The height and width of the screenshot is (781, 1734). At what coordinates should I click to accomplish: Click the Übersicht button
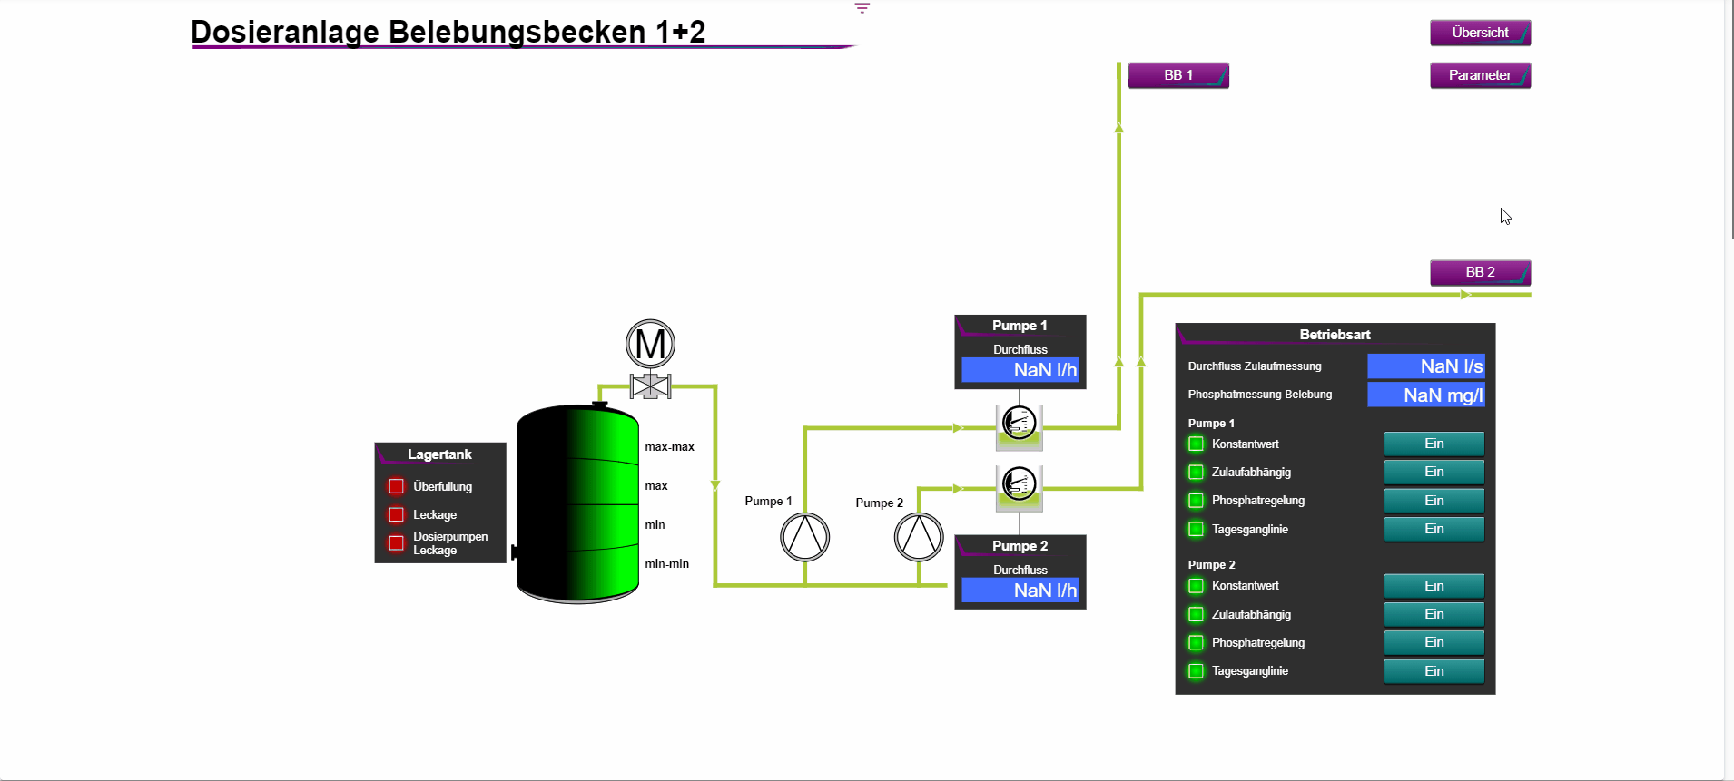tap(1480, 33)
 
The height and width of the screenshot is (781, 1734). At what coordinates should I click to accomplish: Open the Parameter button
tap(1480, 75)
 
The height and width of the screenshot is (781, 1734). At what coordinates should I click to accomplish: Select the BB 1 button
tap(1177, 75)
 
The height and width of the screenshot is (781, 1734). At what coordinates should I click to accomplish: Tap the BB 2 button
tap(1480, 272)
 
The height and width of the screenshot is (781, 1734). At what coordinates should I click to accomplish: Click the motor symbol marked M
tap(650, 344)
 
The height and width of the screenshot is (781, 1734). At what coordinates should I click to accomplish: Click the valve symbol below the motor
tap(650, 386)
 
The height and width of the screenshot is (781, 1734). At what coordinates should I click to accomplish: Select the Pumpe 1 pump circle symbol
tap(804, 537)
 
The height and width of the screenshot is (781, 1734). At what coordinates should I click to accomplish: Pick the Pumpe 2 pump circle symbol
tap(919, 537)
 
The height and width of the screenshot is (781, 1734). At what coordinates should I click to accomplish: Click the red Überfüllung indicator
tap(397, 486)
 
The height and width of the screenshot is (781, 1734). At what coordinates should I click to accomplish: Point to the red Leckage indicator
tap(397, 514)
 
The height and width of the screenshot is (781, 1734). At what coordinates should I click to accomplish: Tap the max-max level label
tap(669, 447)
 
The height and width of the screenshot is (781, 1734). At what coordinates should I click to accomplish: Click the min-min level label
tap(666, 564)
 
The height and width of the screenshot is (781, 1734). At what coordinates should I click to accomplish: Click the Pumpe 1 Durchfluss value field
tap(1020, 370)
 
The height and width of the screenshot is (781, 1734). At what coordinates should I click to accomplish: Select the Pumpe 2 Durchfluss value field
tap(1020, 591)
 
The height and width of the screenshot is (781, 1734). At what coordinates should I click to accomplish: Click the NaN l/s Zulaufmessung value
tap(1425, 366)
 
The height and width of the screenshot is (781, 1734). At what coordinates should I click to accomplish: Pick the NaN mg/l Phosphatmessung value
tap(1425, 395)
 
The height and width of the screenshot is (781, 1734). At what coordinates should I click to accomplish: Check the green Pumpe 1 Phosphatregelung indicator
tap(1197, 501)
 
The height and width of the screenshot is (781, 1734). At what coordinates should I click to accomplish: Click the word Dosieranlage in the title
tap(285, 32)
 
